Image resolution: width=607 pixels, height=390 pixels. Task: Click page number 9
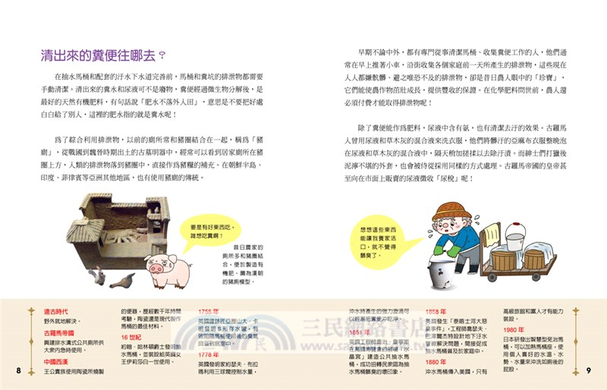[x=588, y=370]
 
